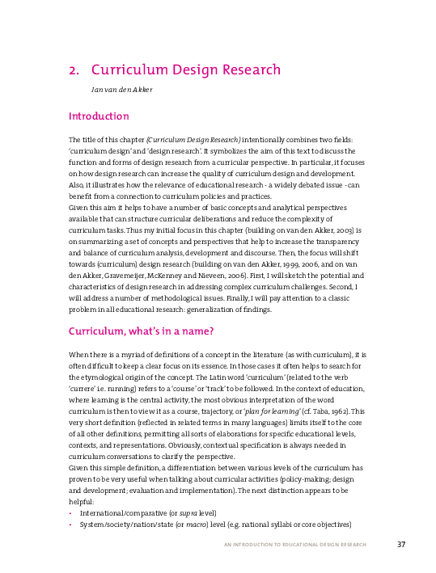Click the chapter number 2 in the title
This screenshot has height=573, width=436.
point(73,70)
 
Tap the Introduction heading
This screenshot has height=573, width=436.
point(104,116)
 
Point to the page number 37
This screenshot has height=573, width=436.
point(401,544)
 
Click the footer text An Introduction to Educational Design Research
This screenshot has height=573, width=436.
point(295,545)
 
